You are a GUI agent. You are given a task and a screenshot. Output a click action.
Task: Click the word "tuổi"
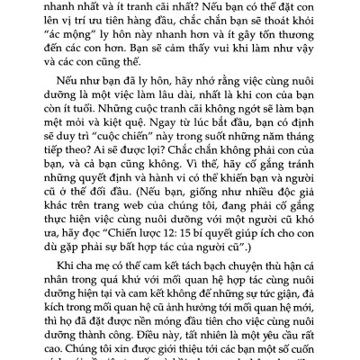coord(95,128)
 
